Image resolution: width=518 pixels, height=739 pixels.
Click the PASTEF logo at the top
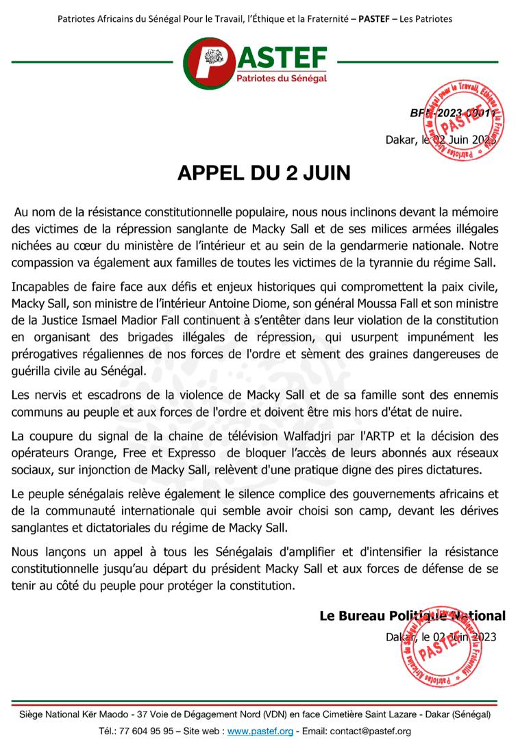[258, 62]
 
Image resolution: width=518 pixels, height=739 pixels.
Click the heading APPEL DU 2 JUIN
[264, 172]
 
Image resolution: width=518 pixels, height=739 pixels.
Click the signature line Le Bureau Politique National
[412, 616]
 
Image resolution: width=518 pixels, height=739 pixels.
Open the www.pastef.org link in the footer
[260, 731]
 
